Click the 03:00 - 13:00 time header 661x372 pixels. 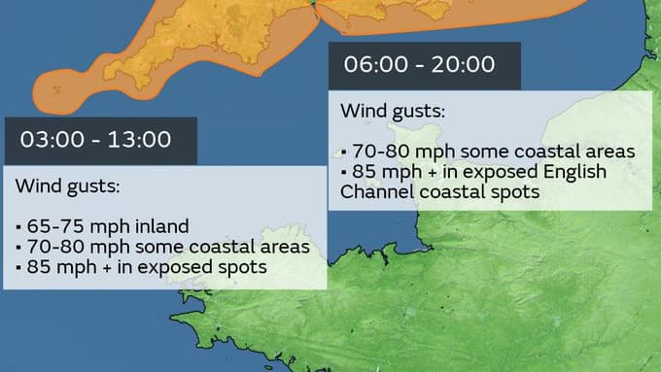click(95, 140)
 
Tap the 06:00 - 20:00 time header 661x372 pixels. click(419, 65)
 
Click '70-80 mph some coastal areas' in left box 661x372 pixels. click(163, 246)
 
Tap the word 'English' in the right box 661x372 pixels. click(575, 172)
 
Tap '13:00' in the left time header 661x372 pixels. click(141, 140)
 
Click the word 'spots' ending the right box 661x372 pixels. click(516, 191)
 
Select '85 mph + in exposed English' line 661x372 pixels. click(474, 172)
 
